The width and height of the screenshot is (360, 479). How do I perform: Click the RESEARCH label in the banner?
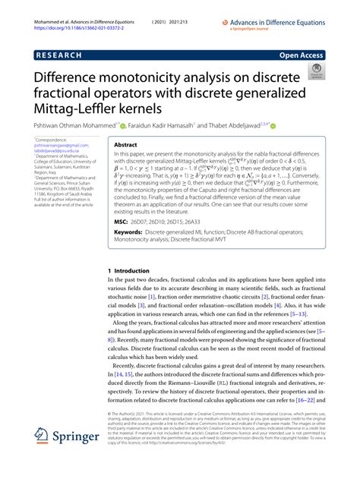(x=58, y=55)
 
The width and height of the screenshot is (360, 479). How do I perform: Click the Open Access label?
(x=302, y=55)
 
